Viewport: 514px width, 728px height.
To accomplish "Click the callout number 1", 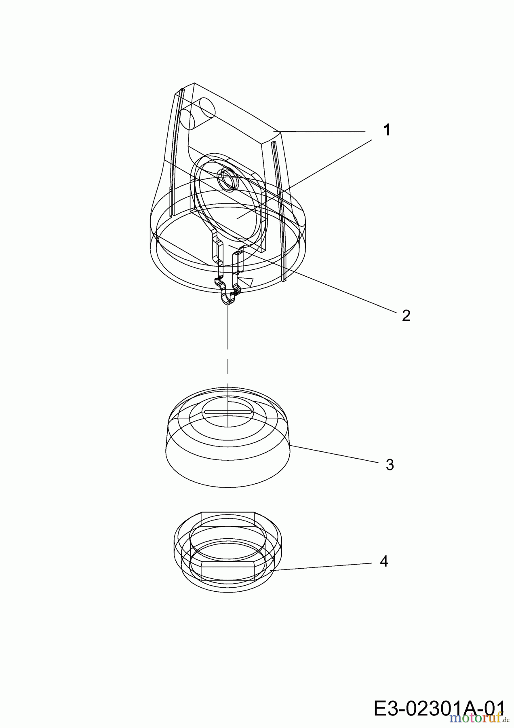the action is tap(387, 130).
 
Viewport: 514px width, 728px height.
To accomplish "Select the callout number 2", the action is tap(406, 315).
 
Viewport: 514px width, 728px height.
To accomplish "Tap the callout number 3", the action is tap(390, 465).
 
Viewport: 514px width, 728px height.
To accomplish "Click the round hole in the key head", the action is tap(227, 179).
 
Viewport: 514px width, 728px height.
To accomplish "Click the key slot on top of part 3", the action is tap(229, 412).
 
